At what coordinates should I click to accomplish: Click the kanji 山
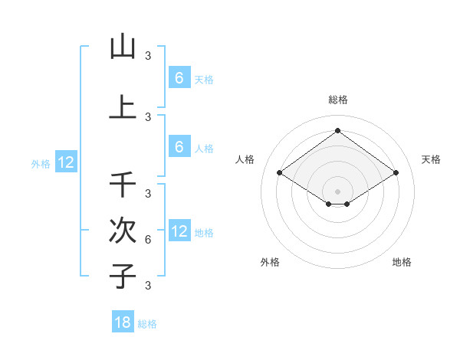tap(123, 47)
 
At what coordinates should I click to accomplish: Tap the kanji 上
tap(123, 106)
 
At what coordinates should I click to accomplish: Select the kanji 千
tap(123, 185)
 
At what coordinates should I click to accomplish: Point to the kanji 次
tap(123, 231)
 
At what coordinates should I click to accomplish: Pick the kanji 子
tap(123, 276)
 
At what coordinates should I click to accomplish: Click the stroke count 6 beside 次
tap(148, 240)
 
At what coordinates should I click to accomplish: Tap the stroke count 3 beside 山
tap(148, 56)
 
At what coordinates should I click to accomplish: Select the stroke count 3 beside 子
tap(148, 286)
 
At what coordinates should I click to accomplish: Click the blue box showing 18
tap(123, 322)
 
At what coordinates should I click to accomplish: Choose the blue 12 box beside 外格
tap(66, 162)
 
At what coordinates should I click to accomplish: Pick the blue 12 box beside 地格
tap(179, 231)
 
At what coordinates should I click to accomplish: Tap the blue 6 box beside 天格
tap(179, 78)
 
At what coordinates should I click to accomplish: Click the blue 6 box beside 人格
tap(179, 147)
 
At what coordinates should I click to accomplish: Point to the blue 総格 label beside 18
tap(147, 324)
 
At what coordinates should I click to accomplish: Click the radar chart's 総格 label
tap(337, 100)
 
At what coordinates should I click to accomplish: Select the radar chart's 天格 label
tap(431, 159)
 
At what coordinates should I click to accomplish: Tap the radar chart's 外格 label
tap(270, 262)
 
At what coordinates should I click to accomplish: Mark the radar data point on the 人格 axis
tap(280, 173)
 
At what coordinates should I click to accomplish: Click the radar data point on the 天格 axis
tap(396, 173)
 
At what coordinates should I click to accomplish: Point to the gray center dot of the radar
tap(337, 191)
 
